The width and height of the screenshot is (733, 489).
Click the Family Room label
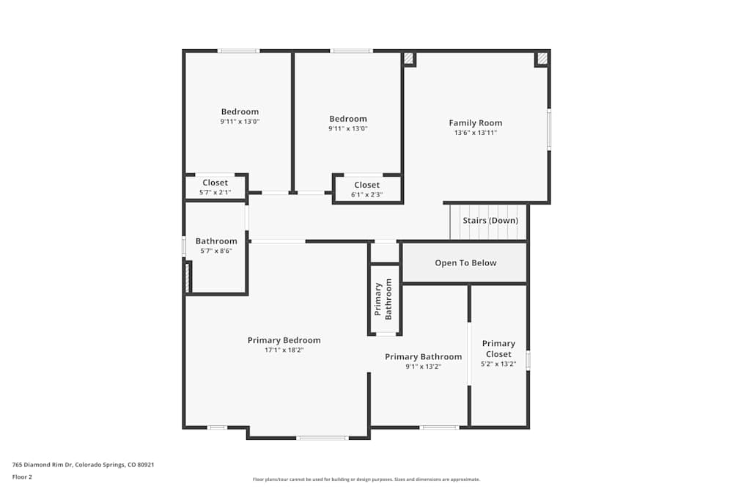click(475, 123)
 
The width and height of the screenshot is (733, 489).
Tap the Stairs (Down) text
click(490, 221)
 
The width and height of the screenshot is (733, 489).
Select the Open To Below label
click(465, 263)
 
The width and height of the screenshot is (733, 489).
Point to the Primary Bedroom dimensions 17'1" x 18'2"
click(284, 350)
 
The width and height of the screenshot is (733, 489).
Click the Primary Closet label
click(498, 348)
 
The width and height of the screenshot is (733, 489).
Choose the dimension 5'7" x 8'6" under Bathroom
click(216, 251)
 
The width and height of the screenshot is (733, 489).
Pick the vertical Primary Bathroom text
click(383, 299)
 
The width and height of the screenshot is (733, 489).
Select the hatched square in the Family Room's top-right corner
click(542, 58)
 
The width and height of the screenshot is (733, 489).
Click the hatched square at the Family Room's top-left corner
click(409, 58)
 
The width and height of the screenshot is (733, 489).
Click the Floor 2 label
click(22, 477)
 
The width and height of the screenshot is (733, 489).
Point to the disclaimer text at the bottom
click(366, 479)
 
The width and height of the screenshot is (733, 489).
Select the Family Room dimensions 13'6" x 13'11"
click(475, 133)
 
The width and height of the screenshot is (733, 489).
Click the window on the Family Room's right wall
click(549, 130)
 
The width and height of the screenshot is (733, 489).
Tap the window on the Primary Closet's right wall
click(528, 360)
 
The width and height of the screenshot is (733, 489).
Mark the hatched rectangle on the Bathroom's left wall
click(186, 277)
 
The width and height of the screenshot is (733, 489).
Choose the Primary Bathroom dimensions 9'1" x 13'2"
click(423, 367)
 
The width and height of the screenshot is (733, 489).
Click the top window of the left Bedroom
click(238, 51)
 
